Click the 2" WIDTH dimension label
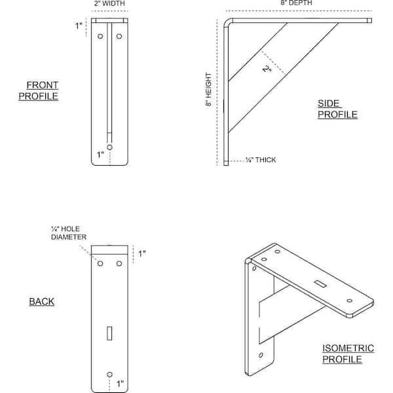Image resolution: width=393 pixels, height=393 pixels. pyautogui.click(x=109, y=3)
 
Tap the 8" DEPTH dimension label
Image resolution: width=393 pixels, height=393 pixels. pyautogui.click(x=296, y=3)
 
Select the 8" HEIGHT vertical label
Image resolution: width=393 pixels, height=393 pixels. pyautogui.click(x=208, y=90)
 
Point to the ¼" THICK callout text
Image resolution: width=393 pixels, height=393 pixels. pyautogui.click(x=261, y=160)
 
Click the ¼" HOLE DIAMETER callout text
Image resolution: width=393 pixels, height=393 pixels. pyautogui.click(x=69, y=233)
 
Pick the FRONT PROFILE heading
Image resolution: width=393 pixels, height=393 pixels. pyautogui.click(x=39, y=90)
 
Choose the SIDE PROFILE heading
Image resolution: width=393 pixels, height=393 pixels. pyautogui.click(x=337, y=109)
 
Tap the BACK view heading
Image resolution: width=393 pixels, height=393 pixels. pyautogui.click(x=42, y=301)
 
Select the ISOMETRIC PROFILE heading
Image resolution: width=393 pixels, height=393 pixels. pyautogui.click(x=348, y=354)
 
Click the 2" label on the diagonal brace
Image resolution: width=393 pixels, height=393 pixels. pyautogui.click(x=267, y=69)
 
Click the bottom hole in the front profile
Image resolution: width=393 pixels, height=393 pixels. pyautogui.click(x=109, y=147)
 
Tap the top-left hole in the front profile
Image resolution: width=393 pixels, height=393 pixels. pyautogui.click(x=100, y=36)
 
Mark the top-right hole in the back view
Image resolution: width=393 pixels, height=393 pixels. pyautogui.click(x=119, y=263)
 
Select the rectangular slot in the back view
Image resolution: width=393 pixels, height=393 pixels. pyautogui.click(x=109, y=333)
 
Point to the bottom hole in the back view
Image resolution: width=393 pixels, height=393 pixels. pyautogui.click(x=109, y=375)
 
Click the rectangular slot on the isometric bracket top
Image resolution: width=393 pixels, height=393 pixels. pyautogui.click(x=320, y=284)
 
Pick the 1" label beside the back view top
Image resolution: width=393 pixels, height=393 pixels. pyautogui.click(x=142, y=253)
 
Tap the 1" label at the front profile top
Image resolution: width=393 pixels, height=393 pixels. pyautogui.click(x=79, y=26)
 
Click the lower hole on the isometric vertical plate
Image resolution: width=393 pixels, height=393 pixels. pyautogui.click(x=261, y=355)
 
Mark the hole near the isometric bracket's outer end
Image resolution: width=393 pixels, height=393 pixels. pyautogui.click(x=349, y=301)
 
